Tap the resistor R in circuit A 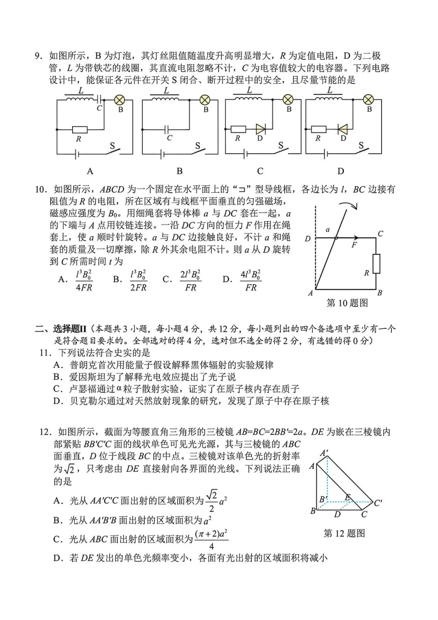(x=79, y=130)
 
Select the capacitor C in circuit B (x=168, y=130)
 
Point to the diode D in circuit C (x=260, y=129)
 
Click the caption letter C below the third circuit (x=260, y=171)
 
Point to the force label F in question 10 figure (x=354, y=245)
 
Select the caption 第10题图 (x=347, y=303)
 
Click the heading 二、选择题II (x=62, y=329)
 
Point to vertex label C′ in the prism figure (x=378, y=503)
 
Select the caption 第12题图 (x=344, y=533)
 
